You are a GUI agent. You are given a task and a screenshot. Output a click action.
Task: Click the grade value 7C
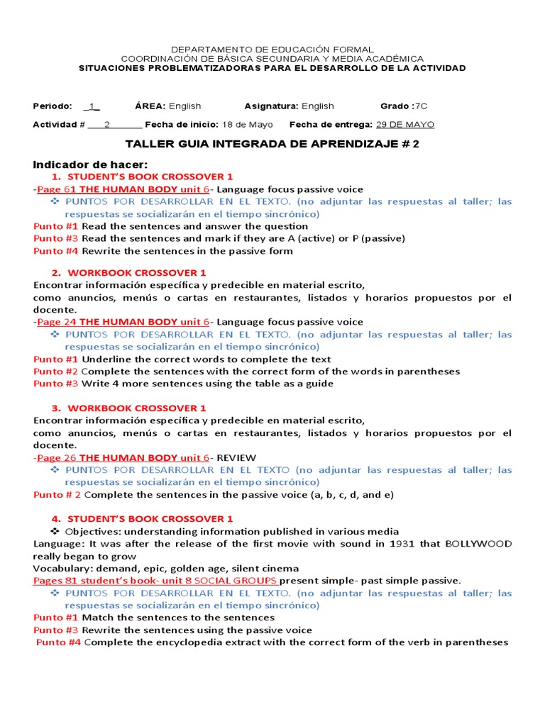(421, 106)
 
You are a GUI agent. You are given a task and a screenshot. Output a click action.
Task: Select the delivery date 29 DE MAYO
(404, 125)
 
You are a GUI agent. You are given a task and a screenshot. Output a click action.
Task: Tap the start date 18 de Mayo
(248, 125)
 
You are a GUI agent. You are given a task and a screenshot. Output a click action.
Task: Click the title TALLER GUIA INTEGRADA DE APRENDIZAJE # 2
(272, 144)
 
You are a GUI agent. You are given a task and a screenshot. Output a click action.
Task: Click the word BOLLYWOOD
(478, 544)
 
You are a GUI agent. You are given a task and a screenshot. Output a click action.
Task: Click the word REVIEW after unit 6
(236, 457)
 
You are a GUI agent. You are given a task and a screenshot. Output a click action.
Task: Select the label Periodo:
(53, 106)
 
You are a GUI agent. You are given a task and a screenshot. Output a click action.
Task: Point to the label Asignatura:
(271, 106)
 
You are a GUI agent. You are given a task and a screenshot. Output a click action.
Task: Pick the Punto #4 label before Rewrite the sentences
(56, 251)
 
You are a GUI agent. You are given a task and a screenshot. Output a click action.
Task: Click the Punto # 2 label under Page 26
(57, 495)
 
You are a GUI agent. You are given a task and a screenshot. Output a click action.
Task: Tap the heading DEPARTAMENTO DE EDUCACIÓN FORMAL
(272, 49)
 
